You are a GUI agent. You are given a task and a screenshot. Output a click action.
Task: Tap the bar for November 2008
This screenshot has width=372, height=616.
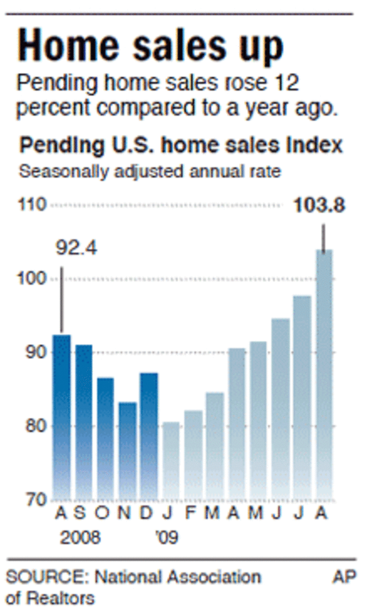point(127,450)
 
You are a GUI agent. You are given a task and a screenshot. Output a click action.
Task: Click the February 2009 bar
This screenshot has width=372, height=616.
point(193,455)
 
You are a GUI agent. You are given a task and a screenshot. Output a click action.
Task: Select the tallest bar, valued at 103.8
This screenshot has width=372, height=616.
point(324,374)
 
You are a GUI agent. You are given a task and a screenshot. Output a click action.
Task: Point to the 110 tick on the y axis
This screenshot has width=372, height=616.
point(33,205)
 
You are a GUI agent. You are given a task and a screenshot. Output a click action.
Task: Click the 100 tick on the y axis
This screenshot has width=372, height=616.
point(33,279)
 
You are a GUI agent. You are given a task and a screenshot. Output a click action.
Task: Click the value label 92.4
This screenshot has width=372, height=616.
point(76,249)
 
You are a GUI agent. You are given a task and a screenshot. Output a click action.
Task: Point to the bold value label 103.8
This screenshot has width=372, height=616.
point(319,205)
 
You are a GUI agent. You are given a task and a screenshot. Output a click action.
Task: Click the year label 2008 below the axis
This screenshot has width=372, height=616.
point(80,538)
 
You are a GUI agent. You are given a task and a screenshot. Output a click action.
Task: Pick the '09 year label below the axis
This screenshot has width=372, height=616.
point(166,538)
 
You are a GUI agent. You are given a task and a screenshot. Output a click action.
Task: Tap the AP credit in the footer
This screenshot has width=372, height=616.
point(344,577)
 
